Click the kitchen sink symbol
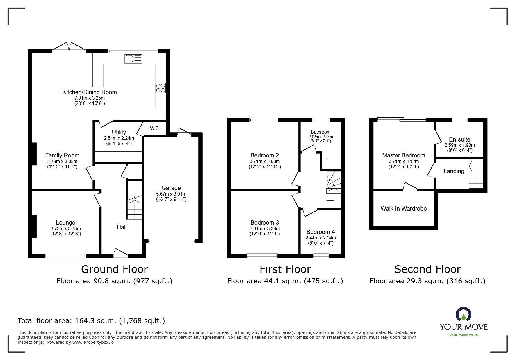[x=134, y=59]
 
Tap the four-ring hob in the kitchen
[x=161, y=88]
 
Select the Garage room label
[x=171, y=188]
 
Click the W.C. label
[x=155, y=128]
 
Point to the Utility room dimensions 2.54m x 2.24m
[x=119, y=138]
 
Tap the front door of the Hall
[x=120, y=254]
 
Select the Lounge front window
[x=66, y=256]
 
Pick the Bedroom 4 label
[x=320, y=232]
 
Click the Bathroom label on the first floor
[x=320, y=132]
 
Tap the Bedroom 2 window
[x=264, y=120]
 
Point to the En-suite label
[x=459, y=139]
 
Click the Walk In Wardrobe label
[x=404, y=209]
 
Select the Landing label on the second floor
[x=454, y=171]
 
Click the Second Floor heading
[x=427, y=269]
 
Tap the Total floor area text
[x=91, y=321]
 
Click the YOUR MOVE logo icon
[x=464, y=315]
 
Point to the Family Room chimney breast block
[x=34, y=154]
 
